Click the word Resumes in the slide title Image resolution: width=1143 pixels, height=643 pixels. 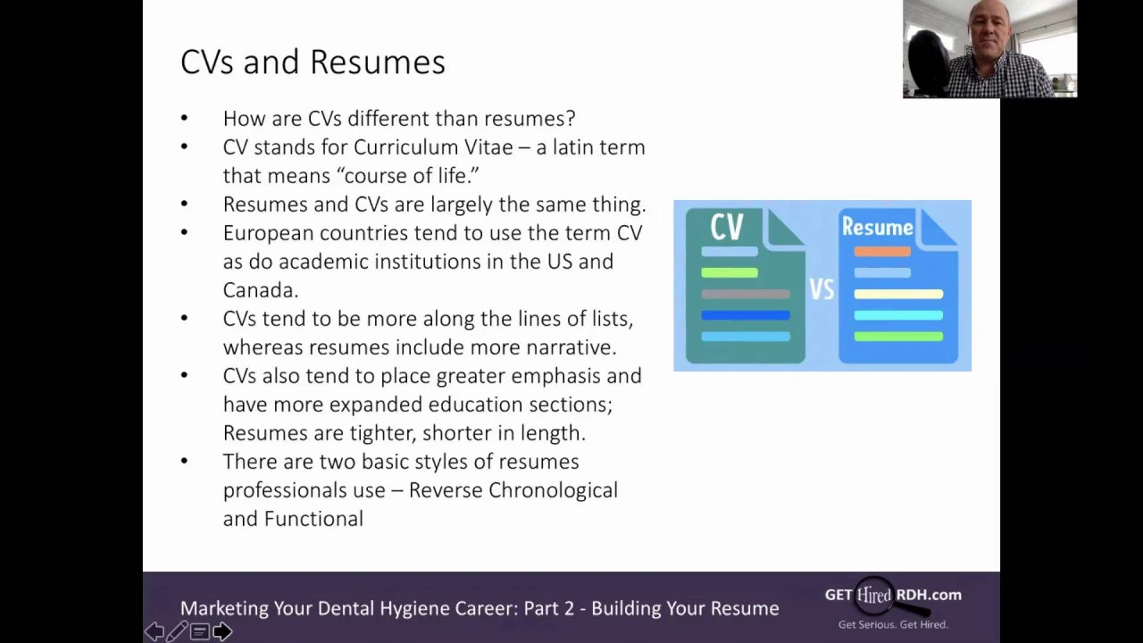pyautogui.click(x=378, y=62)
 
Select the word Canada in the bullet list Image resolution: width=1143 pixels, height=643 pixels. pyautogui.click(x=260, y=290)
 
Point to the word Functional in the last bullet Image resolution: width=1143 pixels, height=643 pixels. pyautogui.click(x=313, y=519)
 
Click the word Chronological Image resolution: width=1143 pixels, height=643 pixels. pyautogui.click(x=553, y=490)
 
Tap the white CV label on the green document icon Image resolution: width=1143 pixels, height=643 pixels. pyautogui.click(x=727, y=227)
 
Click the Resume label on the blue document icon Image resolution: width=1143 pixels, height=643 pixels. pyautogui.click(x=877, y=227)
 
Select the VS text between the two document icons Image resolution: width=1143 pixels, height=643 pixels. pyautogui.click(x=822, y=289)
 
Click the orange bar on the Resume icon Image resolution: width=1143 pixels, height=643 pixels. pyautogui.click(x=882, y=251)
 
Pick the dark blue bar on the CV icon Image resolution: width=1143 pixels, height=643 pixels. pyautogui.click(x=746, y=315)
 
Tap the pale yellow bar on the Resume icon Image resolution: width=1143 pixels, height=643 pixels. pyautogui.click(x=898, y=294)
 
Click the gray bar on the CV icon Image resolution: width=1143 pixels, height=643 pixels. pyautogui.click(x=746, y=294)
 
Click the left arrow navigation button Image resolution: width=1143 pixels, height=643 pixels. pyautogui.click(x=154, y=631)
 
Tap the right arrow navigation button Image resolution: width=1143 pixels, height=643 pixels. pyautogui.click(x=222, y=631)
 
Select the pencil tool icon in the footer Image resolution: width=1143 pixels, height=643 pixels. pyautogui.click(x=177, y=631)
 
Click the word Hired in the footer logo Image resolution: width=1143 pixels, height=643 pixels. pyautogui.click(x=874, y=595)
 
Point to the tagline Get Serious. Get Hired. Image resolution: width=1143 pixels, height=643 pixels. pyautogui.click(x=893, y=624)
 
